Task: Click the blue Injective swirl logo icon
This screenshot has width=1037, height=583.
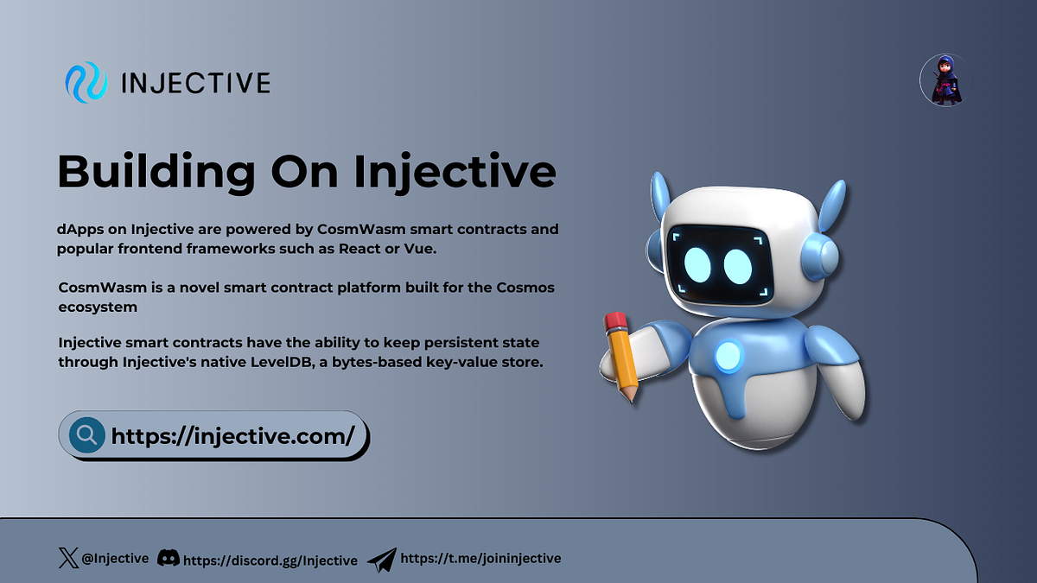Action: [86, 83]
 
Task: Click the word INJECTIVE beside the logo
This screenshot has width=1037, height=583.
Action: [196, 84]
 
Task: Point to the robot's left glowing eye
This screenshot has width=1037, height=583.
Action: [697, 266]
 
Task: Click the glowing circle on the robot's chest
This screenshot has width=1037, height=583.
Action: [728, 355]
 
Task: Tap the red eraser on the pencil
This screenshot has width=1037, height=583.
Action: [615, 324]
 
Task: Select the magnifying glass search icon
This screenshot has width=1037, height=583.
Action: [86, 434]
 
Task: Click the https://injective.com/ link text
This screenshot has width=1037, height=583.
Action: [232, 435]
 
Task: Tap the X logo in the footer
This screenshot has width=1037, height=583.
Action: [67, 558]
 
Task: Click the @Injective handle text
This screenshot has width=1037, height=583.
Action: [115, 559]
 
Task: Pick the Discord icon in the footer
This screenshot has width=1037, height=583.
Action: [169, 558]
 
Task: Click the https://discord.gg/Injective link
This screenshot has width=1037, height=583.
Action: [270, 560]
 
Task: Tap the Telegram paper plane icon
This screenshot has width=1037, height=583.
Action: [381, 559]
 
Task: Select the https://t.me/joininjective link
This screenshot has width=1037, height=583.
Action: [481, 558]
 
